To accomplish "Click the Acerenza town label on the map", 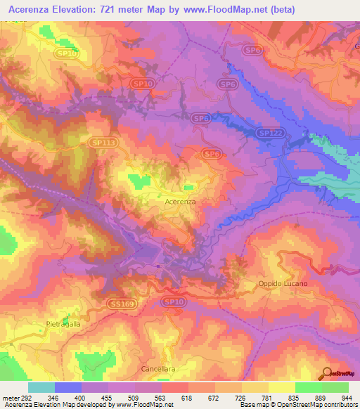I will click(179, 201).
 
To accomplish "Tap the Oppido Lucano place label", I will click(280, 283).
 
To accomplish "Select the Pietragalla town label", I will click(65, 324).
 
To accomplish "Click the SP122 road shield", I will click(269, 133).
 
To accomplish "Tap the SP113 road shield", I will click(102, 143).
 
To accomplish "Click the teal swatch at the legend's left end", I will click(41, 387).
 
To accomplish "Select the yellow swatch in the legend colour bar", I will click(281, 387).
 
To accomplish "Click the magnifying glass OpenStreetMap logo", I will click(327, 374).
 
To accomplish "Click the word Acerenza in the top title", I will click(32, 9).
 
